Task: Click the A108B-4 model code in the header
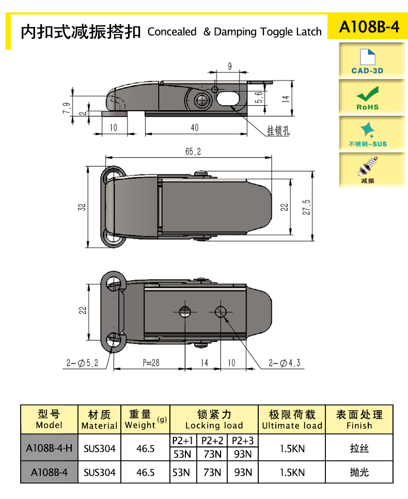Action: tap(369, 27)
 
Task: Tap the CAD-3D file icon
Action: tap(367, 57)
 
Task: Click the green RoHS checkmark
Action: tap(368, 94)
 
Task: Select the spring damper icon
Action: tap(368, 166)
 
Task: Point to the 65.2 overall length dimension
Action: tap(193, 151)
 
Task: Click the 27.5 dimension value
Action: tap(306, 207)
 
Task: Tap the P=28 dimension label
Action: tap(151, 363)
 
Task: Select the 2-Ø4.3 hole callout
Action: tap(285, 363)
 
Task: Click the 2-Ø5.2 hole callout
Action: tap(82, 363)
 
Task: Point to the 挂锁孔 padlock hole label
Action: tap(278, 131)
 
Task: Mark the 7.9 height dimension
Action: tap(66, 108)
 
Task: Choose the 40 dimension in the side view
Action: tap(195, 128)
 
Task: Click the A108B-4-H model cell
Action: tap(49, 448)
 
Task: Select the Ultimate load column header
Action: tap(292, 419)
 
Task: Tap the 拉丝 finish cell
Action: tap(359, 448)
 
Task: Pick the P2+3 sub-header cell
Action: tap(243, 441)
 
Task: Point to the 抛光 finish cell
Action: tap(359, 472)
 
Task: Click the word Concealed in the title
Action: tap(172, 32)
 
